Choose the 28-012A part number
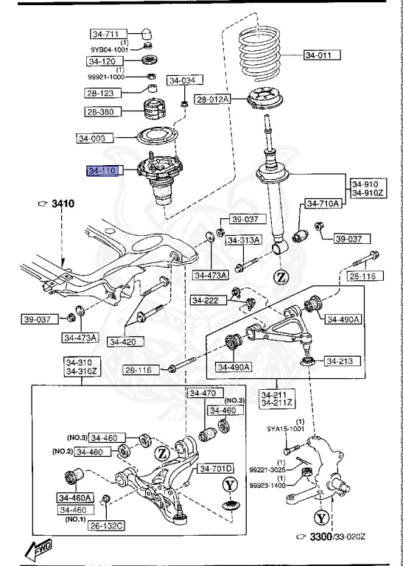(x=212, y=99)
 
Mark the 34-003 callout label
(x=93, y=138)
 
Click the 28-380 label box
(x=101, y=112)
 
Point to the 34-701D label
(x=214, y=468)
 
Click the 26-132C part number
(x=106, y=525)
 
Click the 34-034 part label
(x=183, y=80)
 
